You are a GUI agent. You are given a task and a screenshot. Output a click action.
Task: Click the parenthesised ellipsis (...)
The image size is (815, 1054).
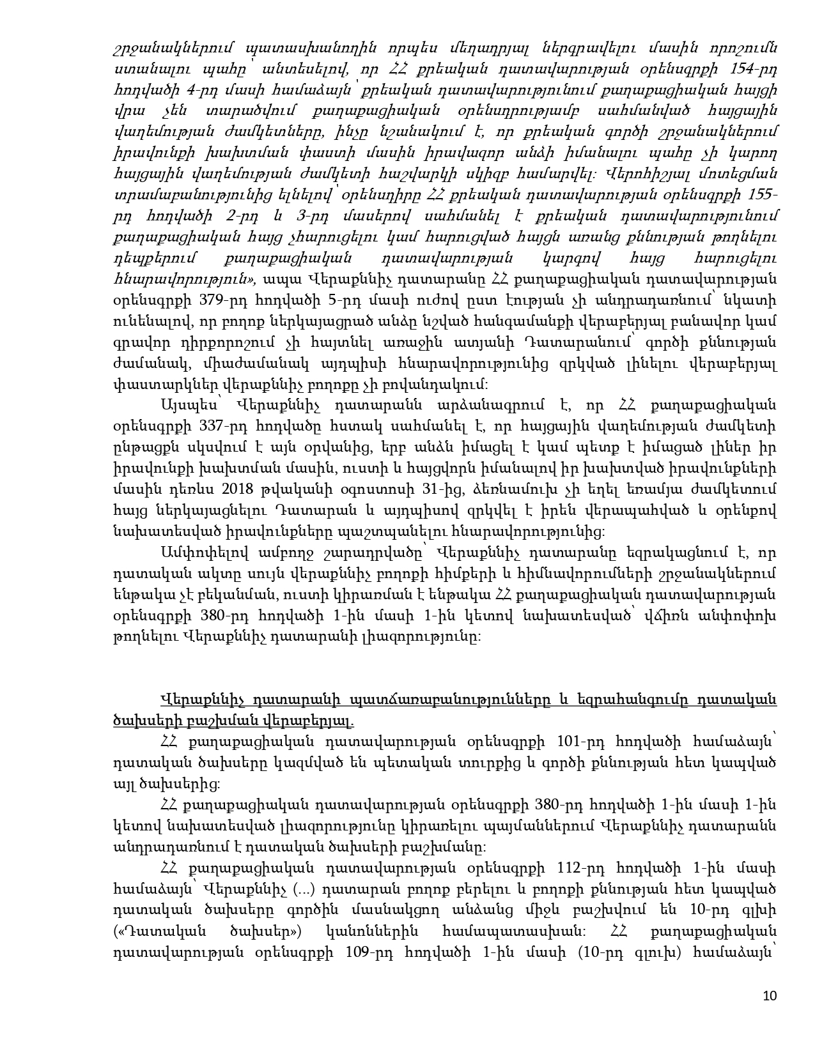(303, 889)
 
